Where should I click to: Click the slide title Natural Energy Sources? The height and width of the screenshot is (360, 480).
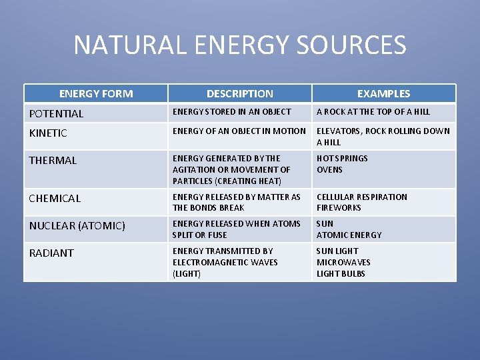coord(239,45)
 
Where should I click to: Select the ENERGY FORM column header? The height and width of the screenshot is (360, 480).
coord(96,94)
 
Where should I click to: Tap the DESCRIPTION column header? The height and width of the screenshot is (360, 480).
coord(239,94)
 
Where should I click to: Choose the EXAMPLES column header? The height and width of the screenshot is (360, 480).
coord(383,94)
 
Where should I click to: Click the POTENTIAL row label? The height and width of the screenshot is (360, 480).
coord(57,114)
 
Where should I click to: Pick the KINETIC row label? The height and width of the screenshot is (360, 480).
coord(48,133)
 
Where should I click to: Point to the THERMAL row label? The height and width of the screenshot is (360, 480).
coord(53,161)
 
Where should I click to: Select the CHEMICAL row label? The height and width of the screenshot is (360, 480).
coord(55,199)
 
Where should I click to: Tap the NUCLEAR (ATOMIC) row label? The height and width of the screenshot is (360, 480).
coord(77,226)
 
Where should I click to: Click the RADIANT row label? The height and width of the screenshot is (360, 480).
coord(51,253)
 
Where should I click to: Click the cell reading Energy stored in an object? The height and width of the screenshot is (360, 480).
coord(232,112)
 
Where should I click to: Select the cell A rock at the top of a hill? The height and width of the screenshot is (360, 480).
coord(373,112)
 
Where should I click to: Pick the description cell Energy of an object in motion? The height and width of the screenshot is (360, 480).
coord(239,131)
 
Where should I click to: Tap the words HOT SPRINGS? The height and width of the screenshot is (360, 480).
coord(342,159)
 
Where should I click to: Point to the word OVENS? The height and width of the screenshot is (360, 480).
coord(329,170)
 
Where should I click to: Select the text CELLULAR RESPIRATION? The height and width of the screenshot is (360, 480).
coord(362,197)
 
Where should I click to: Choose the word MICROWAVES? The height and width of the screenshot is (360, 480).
coord(343,263)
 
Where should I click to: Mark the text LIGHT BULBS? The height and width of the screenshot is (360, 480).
coord(341,274)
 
